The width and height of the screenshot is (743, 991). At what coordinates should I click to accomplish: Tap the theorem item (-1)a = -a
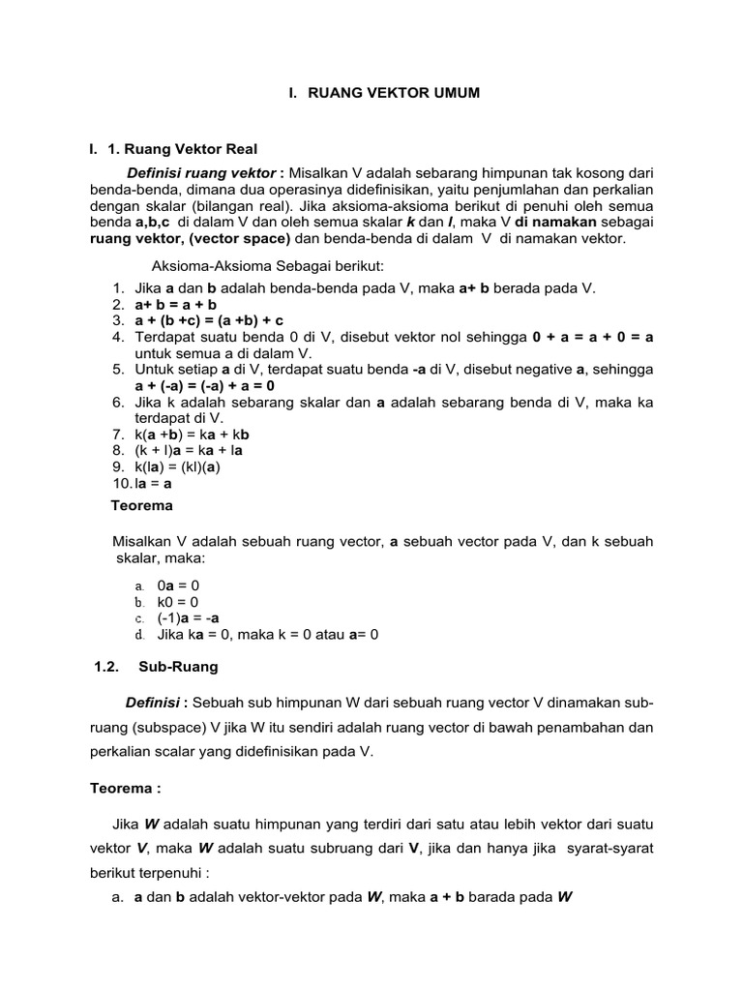pos(188,618)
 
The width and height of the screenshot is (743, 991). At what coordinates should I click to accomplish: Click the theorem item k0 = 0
pos(177,602)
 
